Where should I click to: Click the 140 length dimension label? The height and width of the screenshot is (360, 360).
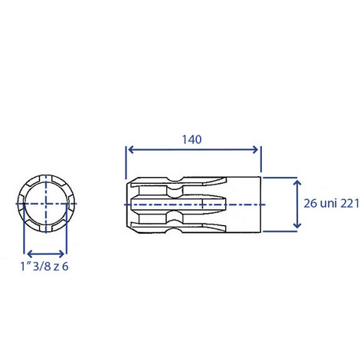pyautogui.click(x=191, y=139)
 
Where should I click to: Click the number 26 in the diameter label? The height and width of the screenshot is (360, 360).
pyautogui.click(x=310, y=204)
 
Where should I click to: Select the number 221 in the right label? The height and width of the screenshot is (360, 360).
pyautogui.click(x=350, y=204)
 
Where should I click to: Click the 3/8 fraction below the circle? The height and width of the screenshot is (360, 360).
pyautogui.click(x=42, y=267)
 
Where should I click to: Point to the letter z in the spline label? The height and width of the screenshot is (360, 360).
pyautogui.click(x=57, y=267)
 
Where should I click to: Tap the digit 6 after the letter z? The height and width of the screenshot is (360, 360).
pyautogui.click(x=65, y=267)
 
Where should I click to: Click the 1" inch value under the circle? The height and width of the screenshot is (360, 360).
pyautogui.click(x=25, y=267)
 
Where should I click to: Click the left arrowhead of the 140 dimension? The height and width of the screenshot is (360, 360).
pyautogui.click(x=130, y=149)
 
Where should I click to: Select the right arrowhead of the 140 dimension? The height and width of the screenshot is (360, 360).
pyautogui.click(x=255, y=149)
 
